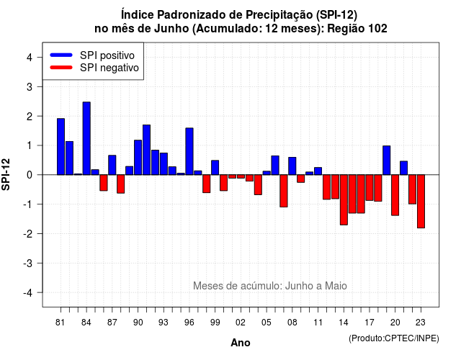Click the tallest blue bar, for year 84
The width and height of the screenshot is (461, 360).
[x=86, y=138]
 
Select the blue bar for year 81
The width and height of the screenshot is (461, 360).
[x=61, y=147]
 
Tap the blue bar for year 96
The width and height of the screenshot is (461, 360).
[x=189, y=151]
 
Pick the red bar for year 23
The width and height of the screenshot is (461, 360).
[x=421, y=202]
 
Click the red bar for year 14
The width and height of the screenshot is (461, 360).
[x=344, y=200]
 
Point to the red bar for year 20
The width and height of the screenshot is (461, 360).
[x=395, y=195]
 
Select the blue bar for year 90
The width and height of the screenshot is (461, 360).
[x=138, y=158]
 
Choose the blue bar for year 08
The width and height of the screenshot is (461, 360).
[x=292, y=166]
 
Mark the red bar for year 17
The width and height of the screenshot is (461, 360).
[x=370, y=188]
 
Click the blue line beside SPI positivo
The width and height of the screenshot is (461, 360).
[x=61, y=55]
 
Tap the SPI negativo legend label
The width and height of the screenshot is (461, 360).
[x=109, y=68]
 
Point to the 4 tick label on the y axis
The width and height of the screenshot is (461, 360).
[x=30, y=58]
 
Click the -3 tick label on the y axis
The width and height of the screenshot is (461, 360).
[x=27, y=264]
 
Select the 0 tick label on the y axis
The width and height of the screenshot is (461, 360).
[x=30, y=175]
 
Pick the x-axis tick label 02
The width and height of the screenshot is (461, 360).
[x=241, y=323]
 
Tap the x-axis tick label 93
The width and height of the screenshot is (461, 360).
[x=164, y=323]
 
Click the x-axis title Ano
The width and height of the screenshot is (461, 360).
[x=241, y=343]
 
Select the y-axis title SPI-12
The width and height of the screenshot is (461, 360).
[x=6, y=174]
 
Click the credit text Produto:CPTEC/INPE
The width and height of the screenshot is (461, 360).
[x=394, y=338]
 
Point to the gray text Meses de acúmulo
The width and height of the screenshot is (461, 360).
[x=234, y=286]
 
